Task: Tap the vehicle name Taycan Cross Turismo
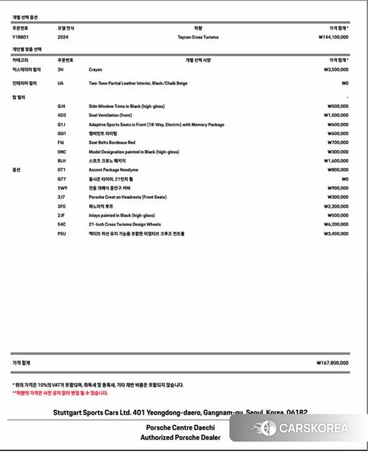(x=198, y=37)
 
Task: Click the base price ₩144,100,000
(x=333, y=37)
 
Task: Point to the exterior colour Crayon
(x=95, y=69)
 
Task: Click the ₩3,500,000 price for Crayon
(x=336, y=69)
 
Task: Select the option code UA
(x=60, y=83)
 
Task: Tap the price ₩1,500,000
(x=336, y=115)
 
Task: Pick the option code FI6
(x=61, y=143)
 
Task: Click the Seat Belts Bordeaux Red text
(x=112, y=143)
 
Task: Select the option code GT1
(x=62, y=170)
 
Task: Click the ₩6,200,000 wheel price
(x=336, y=225)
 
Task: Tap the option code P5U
(x=62, y=234)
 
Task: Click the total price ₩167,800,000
(x=332, y=363)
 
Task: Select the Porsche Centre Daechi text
(x=180, y=428)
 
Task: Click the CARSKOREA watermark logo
(x=299, y=428)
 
